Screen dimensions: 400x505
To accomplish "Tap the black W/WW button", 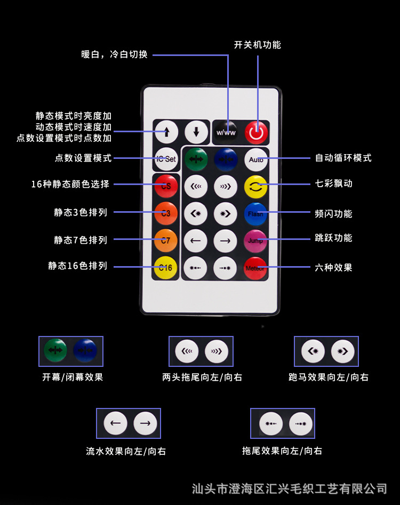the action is tap(226, 132).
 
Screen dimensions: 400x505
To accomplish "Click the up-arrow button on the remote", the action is tap(166, 132).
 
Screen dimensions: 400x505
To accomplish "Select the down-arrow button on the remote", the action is tap(196, 132).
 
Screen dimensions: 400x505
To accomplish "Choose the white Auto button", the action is tap(256, 159).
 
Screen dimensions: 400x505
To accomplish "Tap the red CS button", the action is tap(166, 186).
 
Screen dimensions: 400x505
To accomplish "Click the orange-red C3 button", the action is tap(166, 213).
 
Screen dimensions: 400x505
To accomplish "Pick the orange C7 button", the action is tap(166, 241).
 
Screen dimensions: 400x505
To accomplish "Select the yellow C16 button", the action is tap(166, 268).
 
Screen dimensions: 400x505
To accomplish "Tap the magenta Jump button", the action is tap(256, 241).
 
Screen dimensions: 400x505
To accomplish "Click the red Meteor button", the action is tap(255, 268).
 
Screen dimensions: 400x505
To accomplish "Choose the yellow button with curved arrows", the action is tap(256, 186).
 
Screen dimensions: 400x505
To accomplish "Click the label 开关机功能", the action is tap(257, 45).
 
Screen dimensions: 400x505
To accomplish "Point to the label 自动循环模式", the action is tap(343, 158).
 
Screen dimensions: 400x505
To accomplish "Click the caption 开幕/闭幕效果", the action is tap(73, 377).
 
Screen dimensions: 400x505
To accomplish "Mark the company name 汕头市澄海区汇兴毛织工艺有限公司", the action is tap(289, 488).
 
